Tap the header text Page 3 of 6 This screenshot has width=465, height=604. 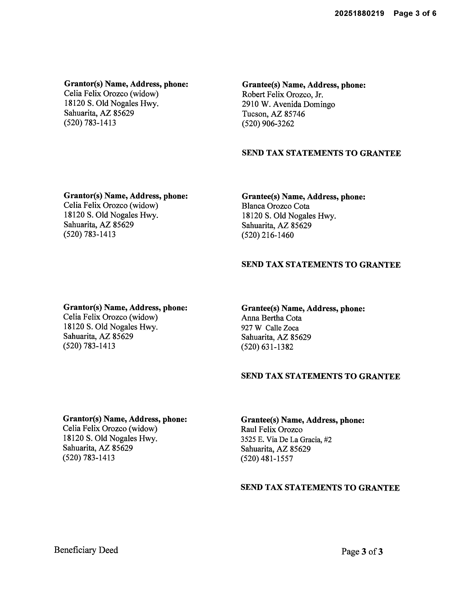point(415,13)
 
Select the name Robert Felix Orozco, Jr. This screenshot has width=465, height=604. point(282,95)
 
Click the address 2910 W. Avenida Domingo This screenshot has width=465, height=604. point(288,104)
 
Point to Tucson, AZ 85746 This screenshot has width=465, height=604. point(273,114)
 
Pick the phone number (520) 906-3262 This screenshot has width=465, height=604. point(268,124)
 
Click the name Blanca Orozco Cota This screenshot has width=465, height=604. point(276,206)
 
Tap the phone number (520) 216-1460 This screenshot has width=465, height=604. point(267,235)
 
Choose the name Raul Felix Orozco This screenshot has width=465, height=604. point(272,429)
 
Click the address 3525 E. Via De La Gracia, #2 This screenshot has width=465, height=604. point(286,440)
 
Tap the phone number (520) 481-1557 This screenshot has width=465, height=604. point(267,459)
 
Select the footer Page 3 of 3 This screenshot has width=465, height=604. point(362,551)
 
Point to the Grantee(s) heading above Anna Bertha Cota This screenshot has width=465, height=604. point(303,308)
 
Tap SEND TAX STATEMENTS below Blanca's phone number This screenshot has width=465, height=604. point(321,265)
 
